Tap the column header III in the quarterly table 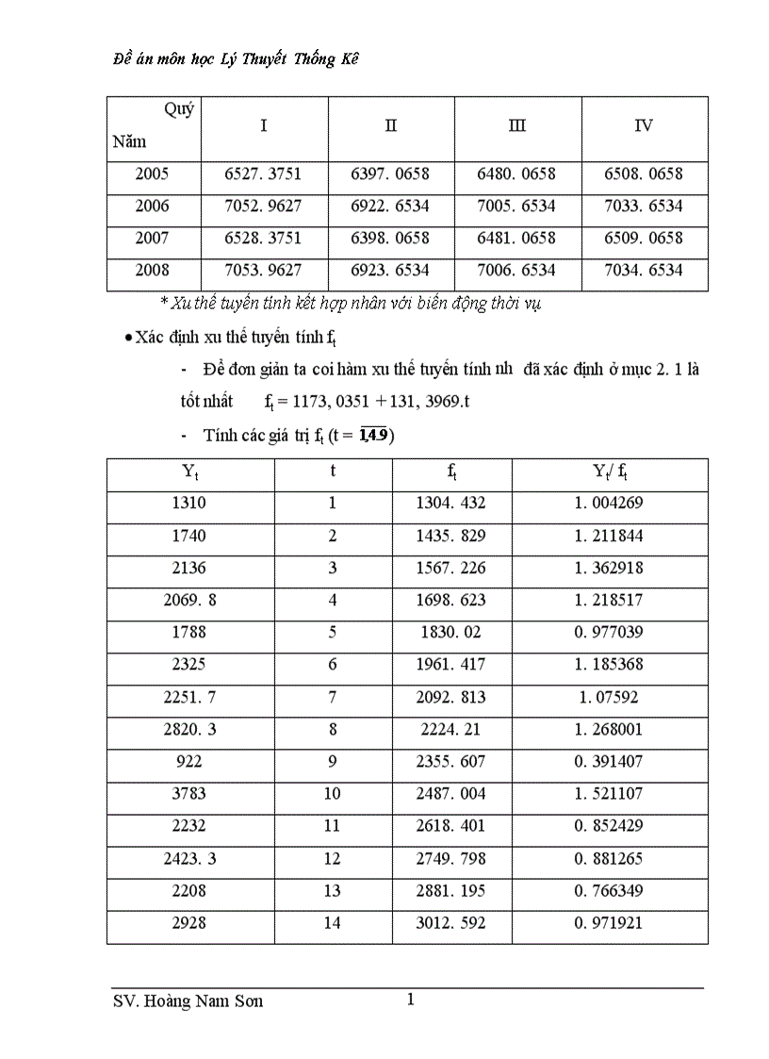pyautogui.click(x=516, y=126)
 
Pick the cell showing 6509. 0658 pyautogui.click(x=645, y=239)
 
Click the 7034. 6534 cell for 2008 pyautogui.click(x=645, y=271)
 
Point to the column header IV pyautogui.click(x=644, y=126)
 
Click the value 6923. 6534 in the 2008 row pyautogui.click(x=390, y=271)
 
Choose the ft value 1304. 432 pyautogui.click(x=450, y=504)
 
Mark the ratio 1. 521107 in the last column pyautogui.click(x=609, y=794)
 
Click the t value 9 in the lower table pyautogui.click(x=332, y=762)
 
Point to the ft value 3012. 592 pyautogui.click(x=450, y=923)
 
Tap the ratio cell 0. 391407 pyautogui.click(x=609, y=762)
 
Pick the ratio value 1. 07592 pyautogui.click(x=609, y=698)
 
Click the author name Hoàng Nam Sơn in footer pyautogui.click(x=202, y=1001)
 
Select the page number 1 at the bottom pyautogui.click(x=410, y=1000)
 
